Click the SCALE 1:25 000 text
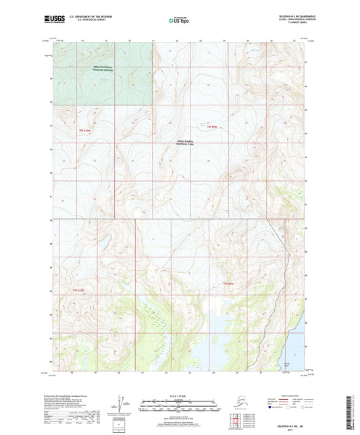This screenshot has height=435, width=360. point(179,396)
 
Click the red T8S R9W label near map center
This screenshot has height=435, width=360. point(213,127)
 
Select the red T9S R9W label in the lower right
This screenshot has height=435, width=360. point(228,284)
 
